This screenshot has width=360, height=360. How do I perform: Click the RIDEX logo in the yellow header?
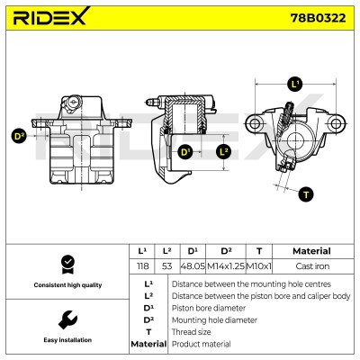[x=51, y=16]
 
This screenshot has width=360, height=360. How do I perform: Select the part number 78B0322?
[x=318, y=18]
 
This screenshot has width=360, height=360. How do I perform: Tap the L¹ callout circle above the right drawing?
[x=295, y=84]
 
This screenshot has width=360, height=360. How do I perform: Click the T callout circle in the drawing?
[x=306, y=194]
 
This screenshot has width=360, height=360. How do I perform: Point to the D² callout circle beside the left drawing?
[x=19, y=136]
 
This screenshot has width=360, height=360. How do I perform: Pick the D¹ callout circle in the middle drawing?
[x=185, y=152]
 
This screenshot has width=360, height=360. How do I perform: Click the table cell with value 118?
[x=142, y=266]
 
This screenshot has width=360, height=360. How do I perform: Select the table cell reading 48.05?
[x=193, y=266]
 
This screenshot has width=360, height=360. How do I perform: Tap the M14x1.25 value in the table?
[x=226, y=266]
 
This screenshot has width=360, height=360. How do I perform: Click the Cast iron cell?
[x=312, y=266]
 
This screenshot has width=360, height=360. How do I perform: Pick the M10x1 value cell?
[x=258, y=266]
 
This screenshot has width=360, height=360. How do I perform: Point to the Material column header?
[x=311, y=251]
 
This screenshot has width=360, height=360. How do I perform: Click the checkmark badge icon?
[x=67, y=265]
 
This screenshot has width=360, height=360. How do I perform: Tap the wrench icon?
[x=67, y=320]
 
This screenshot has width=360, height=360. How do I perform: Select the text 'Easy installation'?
[x=67, y=340]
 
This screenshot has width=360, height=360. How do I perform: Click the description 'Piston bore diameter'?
[x=209, y=308]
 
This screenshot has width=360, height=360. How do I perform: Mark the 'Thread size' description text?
[x=191, y=332]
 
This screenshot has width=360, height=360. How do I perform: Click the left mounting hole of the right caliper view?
[x=255, y=123]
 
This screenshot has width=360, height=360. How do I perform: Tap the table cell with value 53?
[x=167, y=266]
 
